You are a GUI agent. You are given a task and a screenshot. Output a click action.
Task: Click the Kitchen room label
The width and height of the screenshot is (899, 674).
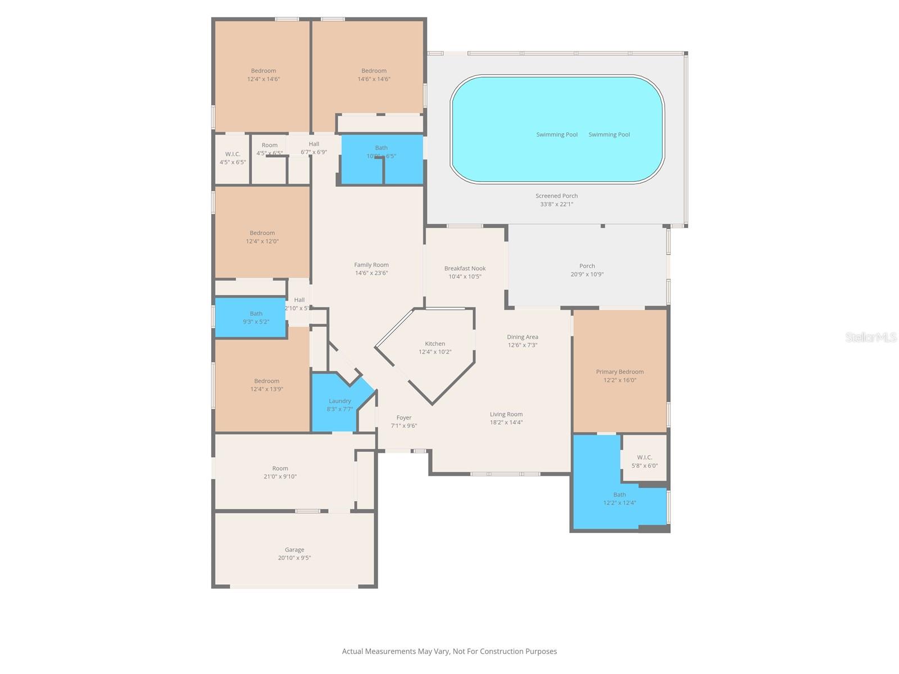click(x=435, y=344)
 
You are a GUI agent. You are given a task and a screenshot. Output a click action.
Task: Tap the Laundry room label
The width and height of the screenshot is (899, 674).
click(x=340, y=401)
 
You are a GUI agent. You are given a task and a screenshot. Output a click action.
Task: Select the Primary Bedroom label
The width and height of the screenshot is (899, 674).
click(x=620, y=372)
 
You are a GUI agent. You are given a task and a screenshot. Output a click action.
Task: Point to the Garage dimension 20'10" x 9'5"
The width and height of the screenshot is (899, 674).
click(x=294, y=558)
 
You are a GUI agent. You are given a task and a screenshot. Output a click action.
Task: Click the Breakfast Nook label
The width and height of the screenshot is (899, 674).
click(x=465, y=268)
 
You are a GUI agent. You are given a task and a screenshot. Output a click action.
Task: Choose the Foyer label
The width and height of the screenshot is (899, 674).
click(x=404, y=418)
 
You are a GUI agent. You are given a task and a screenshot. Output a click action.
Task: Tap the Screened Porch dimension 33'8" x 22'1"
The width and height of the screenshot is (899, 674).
click(x=556, y=204)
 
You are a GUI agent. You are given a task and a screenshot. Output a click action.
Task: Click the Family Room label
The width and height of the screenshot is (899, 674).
click(x=371, y=265)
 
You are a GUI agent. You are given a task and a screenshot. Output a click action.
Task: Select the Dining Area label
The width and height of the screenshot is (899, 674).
click(x=523, y=337)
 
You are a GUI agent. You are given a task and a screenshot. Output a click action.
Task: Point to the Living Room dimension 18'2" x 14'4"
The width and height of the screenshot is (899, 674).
click(x=506, y=422)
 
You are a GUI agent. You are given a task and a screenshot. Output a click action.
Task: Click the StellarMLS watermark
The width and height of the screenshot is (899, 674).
click(x=870, y=337)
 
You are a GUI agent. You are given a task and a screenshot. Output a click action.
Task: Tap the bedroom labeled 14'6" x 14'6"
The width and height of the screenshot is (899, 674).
click(x=374, y=75)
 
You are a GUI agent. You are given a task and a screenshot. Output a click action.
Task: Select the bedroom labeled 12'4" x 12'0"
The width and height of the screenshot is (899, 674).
click(x=262, y=237)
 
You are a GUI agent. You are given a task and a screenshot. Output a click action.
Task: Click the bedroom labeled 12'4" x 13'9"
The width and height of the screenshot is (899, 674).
click(x=266, y=385)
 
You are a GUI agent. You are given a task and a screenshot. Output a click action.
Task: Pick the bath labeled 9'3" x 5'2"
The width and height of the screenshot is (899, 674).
click(x=256, y=318)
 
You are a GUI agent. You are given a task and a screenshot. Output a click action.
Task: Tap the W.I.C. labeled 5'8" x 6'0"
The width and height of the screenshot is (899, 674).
click(x=644, y=461)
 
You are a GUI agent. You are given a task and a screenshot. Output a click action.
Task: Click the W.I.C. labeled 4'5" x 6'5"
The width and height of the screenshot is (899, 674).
click(x=233, y=158)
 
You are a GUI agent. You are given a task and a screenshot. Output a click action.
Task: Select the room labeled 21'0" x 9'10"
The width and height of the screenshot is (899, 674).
click(x=280, y=472)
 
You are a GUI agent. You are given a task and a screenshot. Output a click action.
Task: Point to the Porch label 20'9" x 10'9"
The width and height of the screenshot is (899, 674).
click(x=587, y=270)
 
